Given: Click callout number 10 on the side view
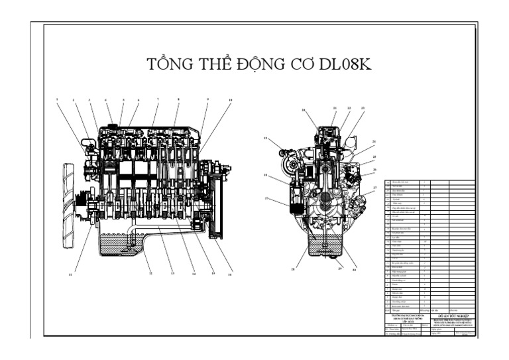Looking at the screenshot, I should (230, 100).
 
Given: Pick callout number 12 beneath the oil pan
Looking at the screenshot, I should (150, 272).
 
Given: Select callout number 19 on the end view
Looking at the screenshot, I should (265, 138).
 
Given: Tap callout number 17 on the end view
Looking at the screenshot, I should (266, 198).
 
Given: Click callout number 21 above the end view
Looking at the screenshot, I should (335, 107).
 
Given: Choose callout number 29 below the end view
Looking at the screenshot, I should (341, 268).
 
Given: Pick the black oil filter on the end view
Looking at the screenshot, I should (294, 198).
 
